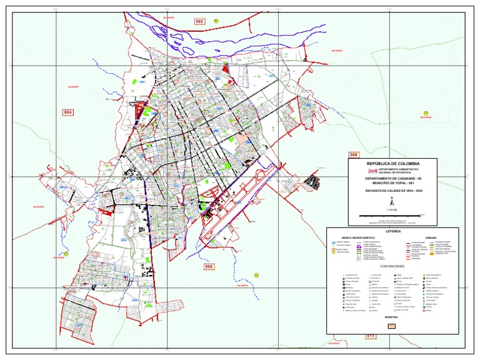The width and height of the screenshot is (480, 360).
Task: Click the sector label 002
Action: pyautogui.click(x=199, y=22)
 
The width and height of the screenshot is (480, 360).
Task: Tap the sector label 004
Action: pyautogui.click(x=68, y=112)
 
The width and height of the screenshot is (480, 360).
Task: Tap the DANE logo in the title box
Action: pyautogui.click(x=373, y=170)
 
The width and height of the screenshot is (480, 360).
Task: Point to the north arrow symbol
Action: pyautogui.click(x=392, y=202)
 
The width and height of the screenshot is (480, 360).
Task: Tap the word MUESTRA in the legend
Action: pyautogui.click(x=392, y=318)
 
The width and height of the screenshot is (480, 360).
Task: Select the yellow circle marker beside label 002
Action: pyautogui.click(x=216, y=21)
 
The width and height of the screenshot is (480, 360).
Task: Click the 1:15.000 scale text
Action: pyautogui.click(x=392, y=211)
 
